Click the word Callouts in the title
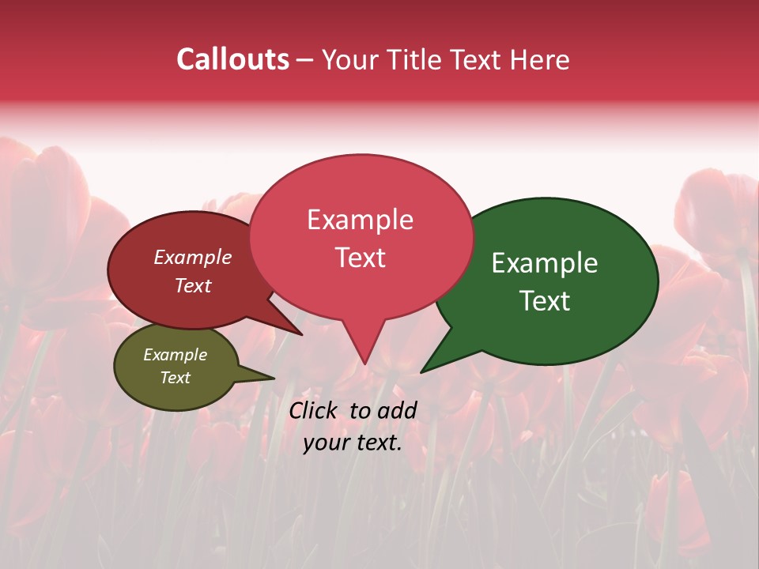coord(232,59)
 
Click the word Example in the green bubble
coord(545,263)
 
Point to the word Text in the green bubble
coord(545,301)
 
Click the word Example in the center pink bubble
coord(360,220)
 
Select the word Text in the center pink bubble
coord(360,258)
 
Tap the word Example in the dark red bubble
coord(193,258)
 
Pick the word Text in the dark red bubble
coord(193,286)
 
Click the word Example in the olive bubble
coord(175,355)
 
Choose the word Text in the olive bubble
coord(175,378)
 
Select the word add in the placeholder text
coord(397,410)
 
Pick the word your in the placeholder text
coord(324,443)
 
